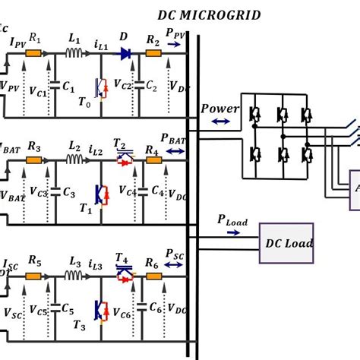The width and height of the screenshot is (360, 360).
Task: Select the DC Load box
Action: coord(287,243)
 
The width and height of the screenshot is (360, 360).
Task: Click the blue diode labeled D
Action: coord(125,53)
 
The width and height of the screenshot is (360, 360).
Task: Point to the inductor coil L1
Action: coord(74,52)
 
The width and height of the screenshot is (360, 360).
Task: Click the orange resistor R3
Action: coord(33,160)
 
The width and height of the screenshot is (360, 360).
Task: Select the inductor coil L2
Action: coord(74,159)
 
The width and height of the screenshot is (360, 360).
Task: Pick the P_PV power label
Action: coord(175,34)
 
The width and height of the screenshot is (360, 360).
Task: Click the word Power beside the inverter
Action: coord(219,108)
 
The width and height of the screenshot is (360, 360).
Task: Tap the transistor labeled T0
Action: coord(99,89)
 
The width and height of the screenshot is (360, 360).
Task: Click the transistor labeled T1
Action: coord(99,196)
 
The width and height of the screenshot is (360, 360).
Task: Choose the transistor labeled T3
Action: coord(99,310)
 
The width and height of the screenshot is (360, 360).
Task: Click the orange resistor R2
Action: coord(153,53)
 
